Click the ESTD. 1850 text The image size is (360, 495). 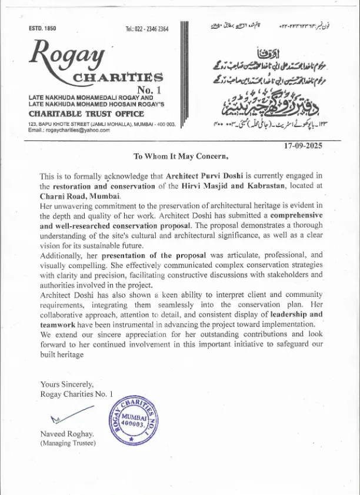(42, 29)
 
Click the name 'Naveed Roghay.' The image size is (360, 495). (66, 434)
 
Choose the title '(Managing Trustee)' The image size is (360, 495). (67, 443)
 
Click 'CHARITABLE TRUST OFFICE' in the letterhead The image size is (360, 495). (86, 114)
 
